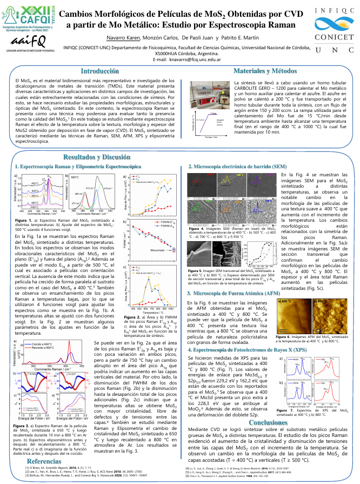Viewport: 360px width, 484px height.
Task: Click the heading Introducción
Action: (92, 71)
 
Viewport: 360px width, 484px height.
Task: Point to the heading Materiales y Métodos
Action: (269, 71)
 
